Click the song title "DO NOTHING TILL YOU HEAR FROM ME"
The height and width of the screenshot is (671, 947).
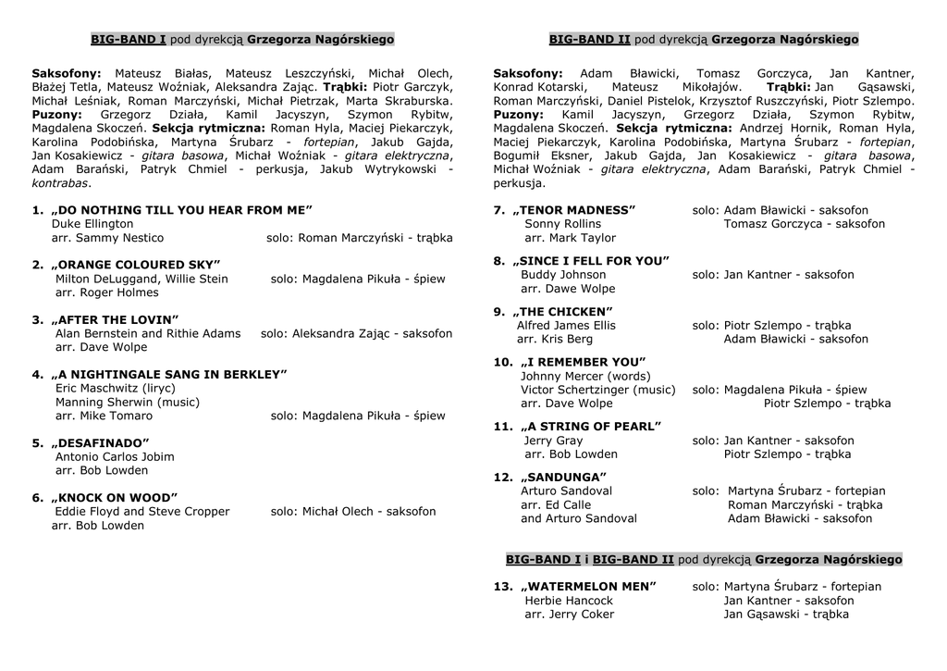point(181,210)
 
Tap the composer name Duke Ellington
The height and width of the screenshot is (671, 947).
point(92,224)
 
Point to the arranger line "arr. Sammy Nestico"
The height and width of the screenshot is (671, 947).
point(107,238)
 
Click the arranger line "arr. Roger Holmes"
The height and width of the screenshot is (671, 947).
point(106,292)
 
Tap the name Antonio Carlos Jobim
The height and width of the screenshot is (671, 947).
point(115,456)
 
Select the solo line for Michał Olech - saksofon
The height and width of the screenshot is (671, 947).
point(353,511)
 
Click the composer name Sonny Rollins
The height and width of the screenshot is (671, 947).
point(562,224)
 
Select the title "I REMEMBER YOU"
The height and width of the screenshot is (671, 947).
point(583,362)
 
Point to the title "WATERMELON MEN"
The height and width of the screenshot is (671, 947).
point(588,587)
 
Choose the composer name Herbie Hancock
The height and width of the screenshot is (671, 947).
point(569,601)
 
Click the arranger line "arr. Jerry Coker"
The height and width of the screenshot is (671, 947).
point(569,615)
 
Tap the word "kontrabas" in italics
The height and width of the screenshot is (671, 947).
point(60,183)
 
